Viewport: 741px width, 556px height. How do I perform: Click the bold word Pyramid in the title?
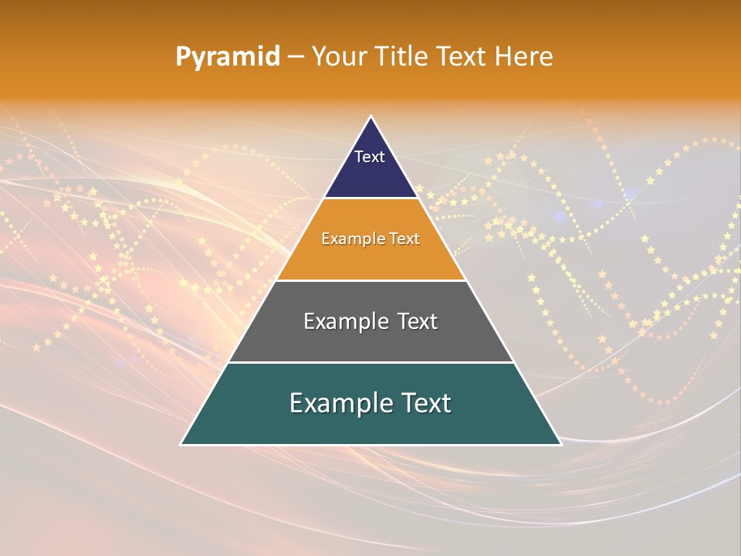coord(228,57)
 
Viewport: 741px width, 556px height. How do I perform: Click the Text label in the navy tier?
coord(370,157)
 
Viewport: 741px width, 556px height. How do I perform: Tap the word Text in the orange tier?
coord(404,239)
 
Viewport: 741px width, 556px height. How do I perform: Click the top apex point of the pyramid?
coord(371,117)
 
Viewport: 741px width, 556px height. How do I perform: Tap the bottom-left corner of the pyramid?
coord(181,444)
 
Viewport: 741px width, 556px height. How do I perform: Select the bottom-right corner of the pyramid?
coord(560,444)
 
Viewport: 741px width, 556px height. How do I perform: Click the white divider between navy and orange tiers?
coord(371,198)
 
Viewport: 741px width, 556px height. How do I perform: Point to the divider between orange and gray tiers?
coord(371,280)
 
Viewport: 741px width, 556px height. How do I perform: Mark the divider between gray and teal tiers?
coord(371,362)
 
